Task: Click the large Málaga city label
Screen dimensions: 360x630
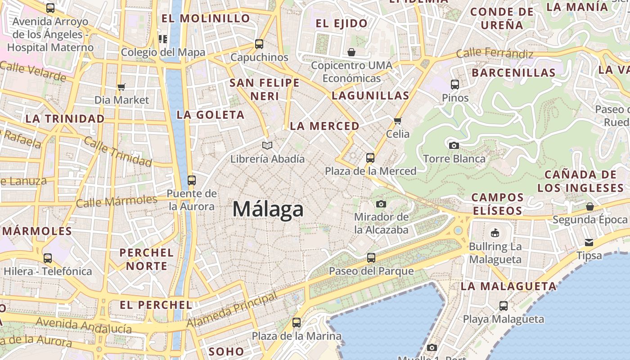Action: click(x=268, y=210)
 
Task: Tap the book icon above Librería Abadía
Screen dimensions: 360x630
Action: click(x=267, y=146)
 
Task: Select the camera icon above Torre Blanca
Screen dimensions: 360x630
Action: click(x=454, y=145)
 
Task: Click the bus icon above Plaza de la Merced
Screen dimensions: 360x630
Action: click(x=370, y=158)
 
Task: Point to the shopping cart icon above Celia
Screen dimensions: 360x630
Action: click(x=397, y=121)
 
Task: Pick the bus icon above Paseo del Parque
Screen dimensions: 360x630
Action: click(x=371, y=258)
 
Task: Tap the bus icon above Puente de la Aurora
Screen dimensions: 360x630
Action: click(x=192, y=180)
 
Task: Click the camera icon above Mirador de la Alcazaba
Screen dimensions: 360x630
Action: click(x=381, y=204)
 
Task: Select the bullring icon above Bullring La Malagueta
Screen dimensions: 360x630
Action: click(x=495, y=233)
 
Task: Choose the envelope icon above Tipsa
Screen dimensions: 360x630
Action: click(x=589, y=243)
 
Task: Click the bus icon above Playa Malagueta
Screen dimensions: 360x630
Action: click(x=504, y=306)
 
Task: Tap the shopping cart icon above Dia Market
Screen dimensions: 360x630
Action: click(x=121, y=87)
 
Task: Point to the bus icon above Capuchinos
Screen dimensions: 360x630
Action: click(x=259, y=44)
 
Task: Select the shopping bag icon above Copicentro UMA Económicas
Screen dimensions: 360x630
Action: click(x=351, y=52)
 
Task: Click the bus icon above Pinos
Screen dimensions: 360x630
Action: click(x=455, y=84)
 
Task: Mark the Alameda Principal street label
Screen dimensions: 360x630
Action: click(x=232, y=310)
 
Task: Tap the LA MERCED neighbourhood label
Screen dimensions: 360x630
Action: click(x=324, y=126)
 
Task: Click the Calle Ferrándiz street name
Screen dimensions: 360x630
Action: click(x=495, y=54)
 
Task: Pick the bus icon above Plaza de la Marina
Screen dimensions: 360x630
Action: click(x=296, y=323)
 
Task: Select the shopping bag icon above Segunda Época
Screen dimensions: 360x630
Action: click(x=589, y=207)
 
